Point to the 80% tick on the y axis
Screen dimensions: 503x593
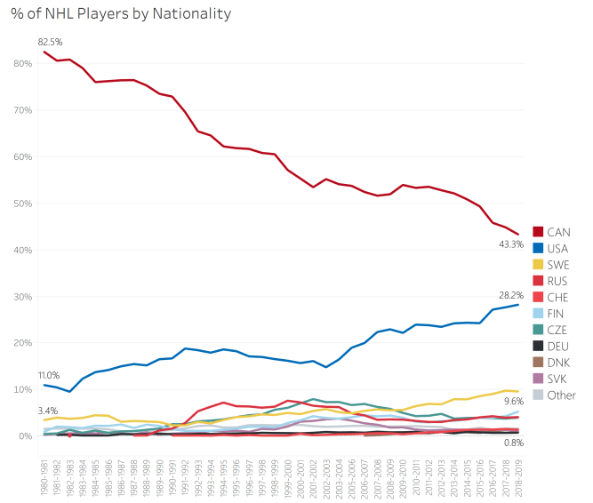click(21, 64)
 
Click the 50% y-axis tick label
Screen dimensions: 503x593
click(21, 204)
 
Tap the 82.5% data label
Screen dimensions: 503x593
click(50, 42)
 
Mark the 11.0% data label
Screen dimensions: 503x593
click(49, 376)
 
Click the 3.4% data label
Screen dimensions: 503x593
click(50, 411)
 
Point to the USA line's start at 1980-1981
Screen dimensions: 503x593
click(44, 385)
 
